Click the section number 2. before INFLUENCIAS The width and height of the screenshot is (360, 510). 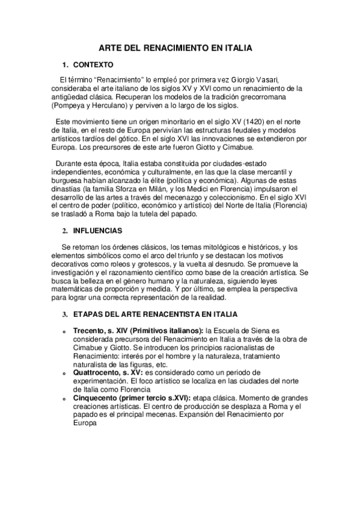tap(66, 230)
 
